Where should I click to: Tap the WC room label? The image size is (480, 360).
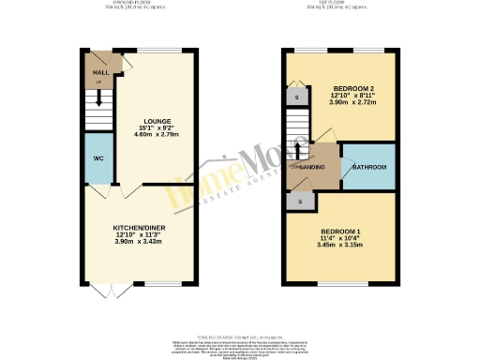(x=97, y=157)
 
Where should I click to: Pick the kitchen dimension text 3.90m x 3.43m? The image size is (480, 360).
(x=138, y=242)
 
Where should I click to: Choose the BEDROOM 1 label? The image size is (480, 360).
(x=340, y=232)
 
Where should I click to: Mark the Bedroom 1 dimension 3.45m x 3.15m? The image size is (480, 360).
(x=340, y=247)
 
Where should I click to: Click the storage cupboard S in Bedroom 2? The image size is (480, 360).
(x=296, y=97)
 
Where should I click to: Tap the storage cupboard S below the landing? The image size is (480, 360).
(x=301, y=201)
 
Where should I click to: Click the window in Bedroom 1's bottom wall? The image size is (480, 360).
(x=340, y=282)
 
